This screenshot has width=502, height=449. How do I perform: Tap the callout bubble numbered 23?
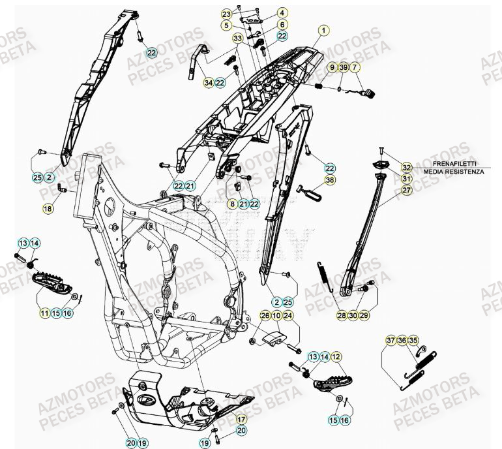[x=226, y=14]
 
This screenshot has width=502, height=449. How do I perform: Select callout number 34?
[x=209, y=83]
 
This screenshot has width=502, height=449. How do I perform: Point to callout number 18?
[x=48, y=209]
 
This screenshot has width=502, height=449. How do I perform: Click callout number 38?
[x=330, y=179]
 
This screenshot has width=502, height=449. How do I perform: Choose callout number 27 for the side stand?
[x=406, y=191]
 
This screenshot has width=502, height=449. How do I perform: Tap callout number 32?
[x=406, y=167]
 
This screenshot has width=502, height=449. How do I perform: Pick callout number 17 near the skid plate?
[x=241, y=420]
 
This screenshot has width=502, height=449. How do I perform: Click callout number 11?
[x=44, y=313]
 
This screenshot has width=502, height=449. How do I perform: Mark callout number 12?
[x=336, y=357]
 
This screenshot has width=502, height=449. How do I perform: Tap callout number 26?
[x=265, y=316]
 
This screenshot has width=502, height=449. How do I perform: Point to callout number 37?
[x=390, y=341]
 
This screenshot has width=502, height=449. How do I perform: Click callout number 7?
[x=355, y=67]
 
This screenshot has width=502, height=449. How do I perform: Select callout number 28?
[x=342, y=315]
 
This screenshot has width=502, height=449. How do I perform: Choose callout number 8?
[x=231, y=204]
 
